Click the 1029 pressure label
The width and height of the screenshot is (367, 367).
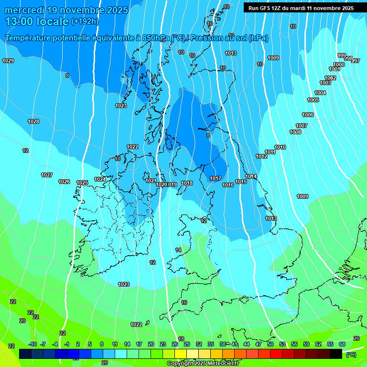click(8, 61)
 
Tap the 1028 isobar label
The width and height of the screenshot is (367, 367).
click(33, 121)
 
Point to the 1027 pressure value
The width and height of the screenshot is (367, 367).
click(47, 175)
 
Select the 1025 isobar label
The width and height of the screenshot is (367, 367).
click(82, 183)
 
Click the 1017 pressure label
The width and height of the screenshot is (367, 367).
click(216, 178)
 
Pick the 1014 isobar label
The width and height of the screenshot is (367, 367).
click(251, 176)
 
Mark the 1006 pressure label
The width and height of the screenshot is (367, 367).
click(308, 115)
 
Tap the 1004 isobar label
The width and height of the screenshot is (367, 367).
click(320, 93)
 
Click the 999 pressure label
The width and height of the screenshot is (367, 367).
click(341, 55)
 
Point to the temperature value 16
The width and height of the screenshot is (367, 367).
click(184, 302)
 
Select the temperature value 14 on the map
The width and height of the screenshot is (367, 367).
click(178, 250)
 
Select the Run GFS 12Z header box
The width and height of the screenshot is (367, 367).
click(301, 8)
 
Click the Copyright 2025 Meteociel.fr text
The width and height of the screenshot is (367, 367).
click(202, 363)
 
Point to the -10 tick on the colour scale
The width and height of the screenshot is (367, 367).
click(32, 344)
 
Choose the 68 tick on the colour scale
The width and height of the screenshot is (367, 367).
click(342, 344)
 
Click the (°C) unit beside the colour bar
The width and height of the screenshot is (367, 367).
click(351, 354)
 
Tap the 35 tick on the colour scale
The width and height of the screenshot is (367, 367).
click(210, 344)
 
